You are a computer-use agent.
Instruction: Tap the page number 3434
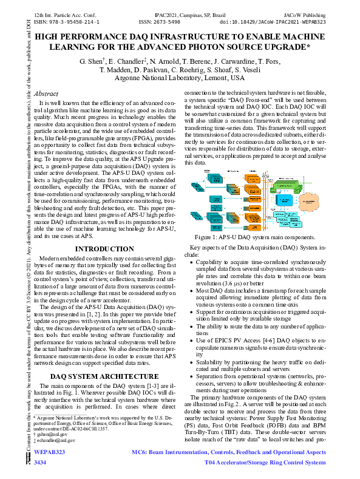40,463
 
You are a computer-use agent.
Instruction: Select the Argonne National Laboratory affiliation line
180,78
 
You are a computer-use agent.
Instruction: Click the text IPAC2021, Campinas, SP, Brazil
180,13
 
